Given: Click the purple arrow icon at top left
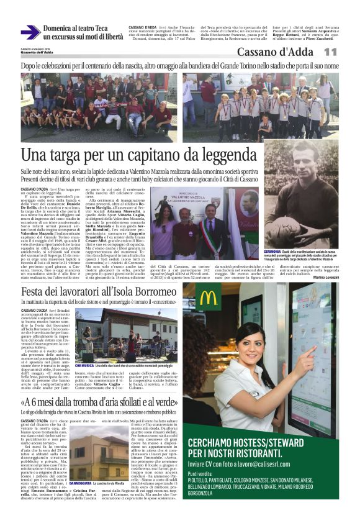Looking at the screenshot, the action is pos(30,32).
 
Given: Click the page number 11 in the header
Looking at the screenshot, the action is pos(330,52).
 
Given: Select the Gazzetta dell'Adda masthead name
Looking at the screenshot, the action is pos(37,52).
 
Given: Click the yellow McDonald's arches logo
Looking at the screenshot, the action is pos(209,298).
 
